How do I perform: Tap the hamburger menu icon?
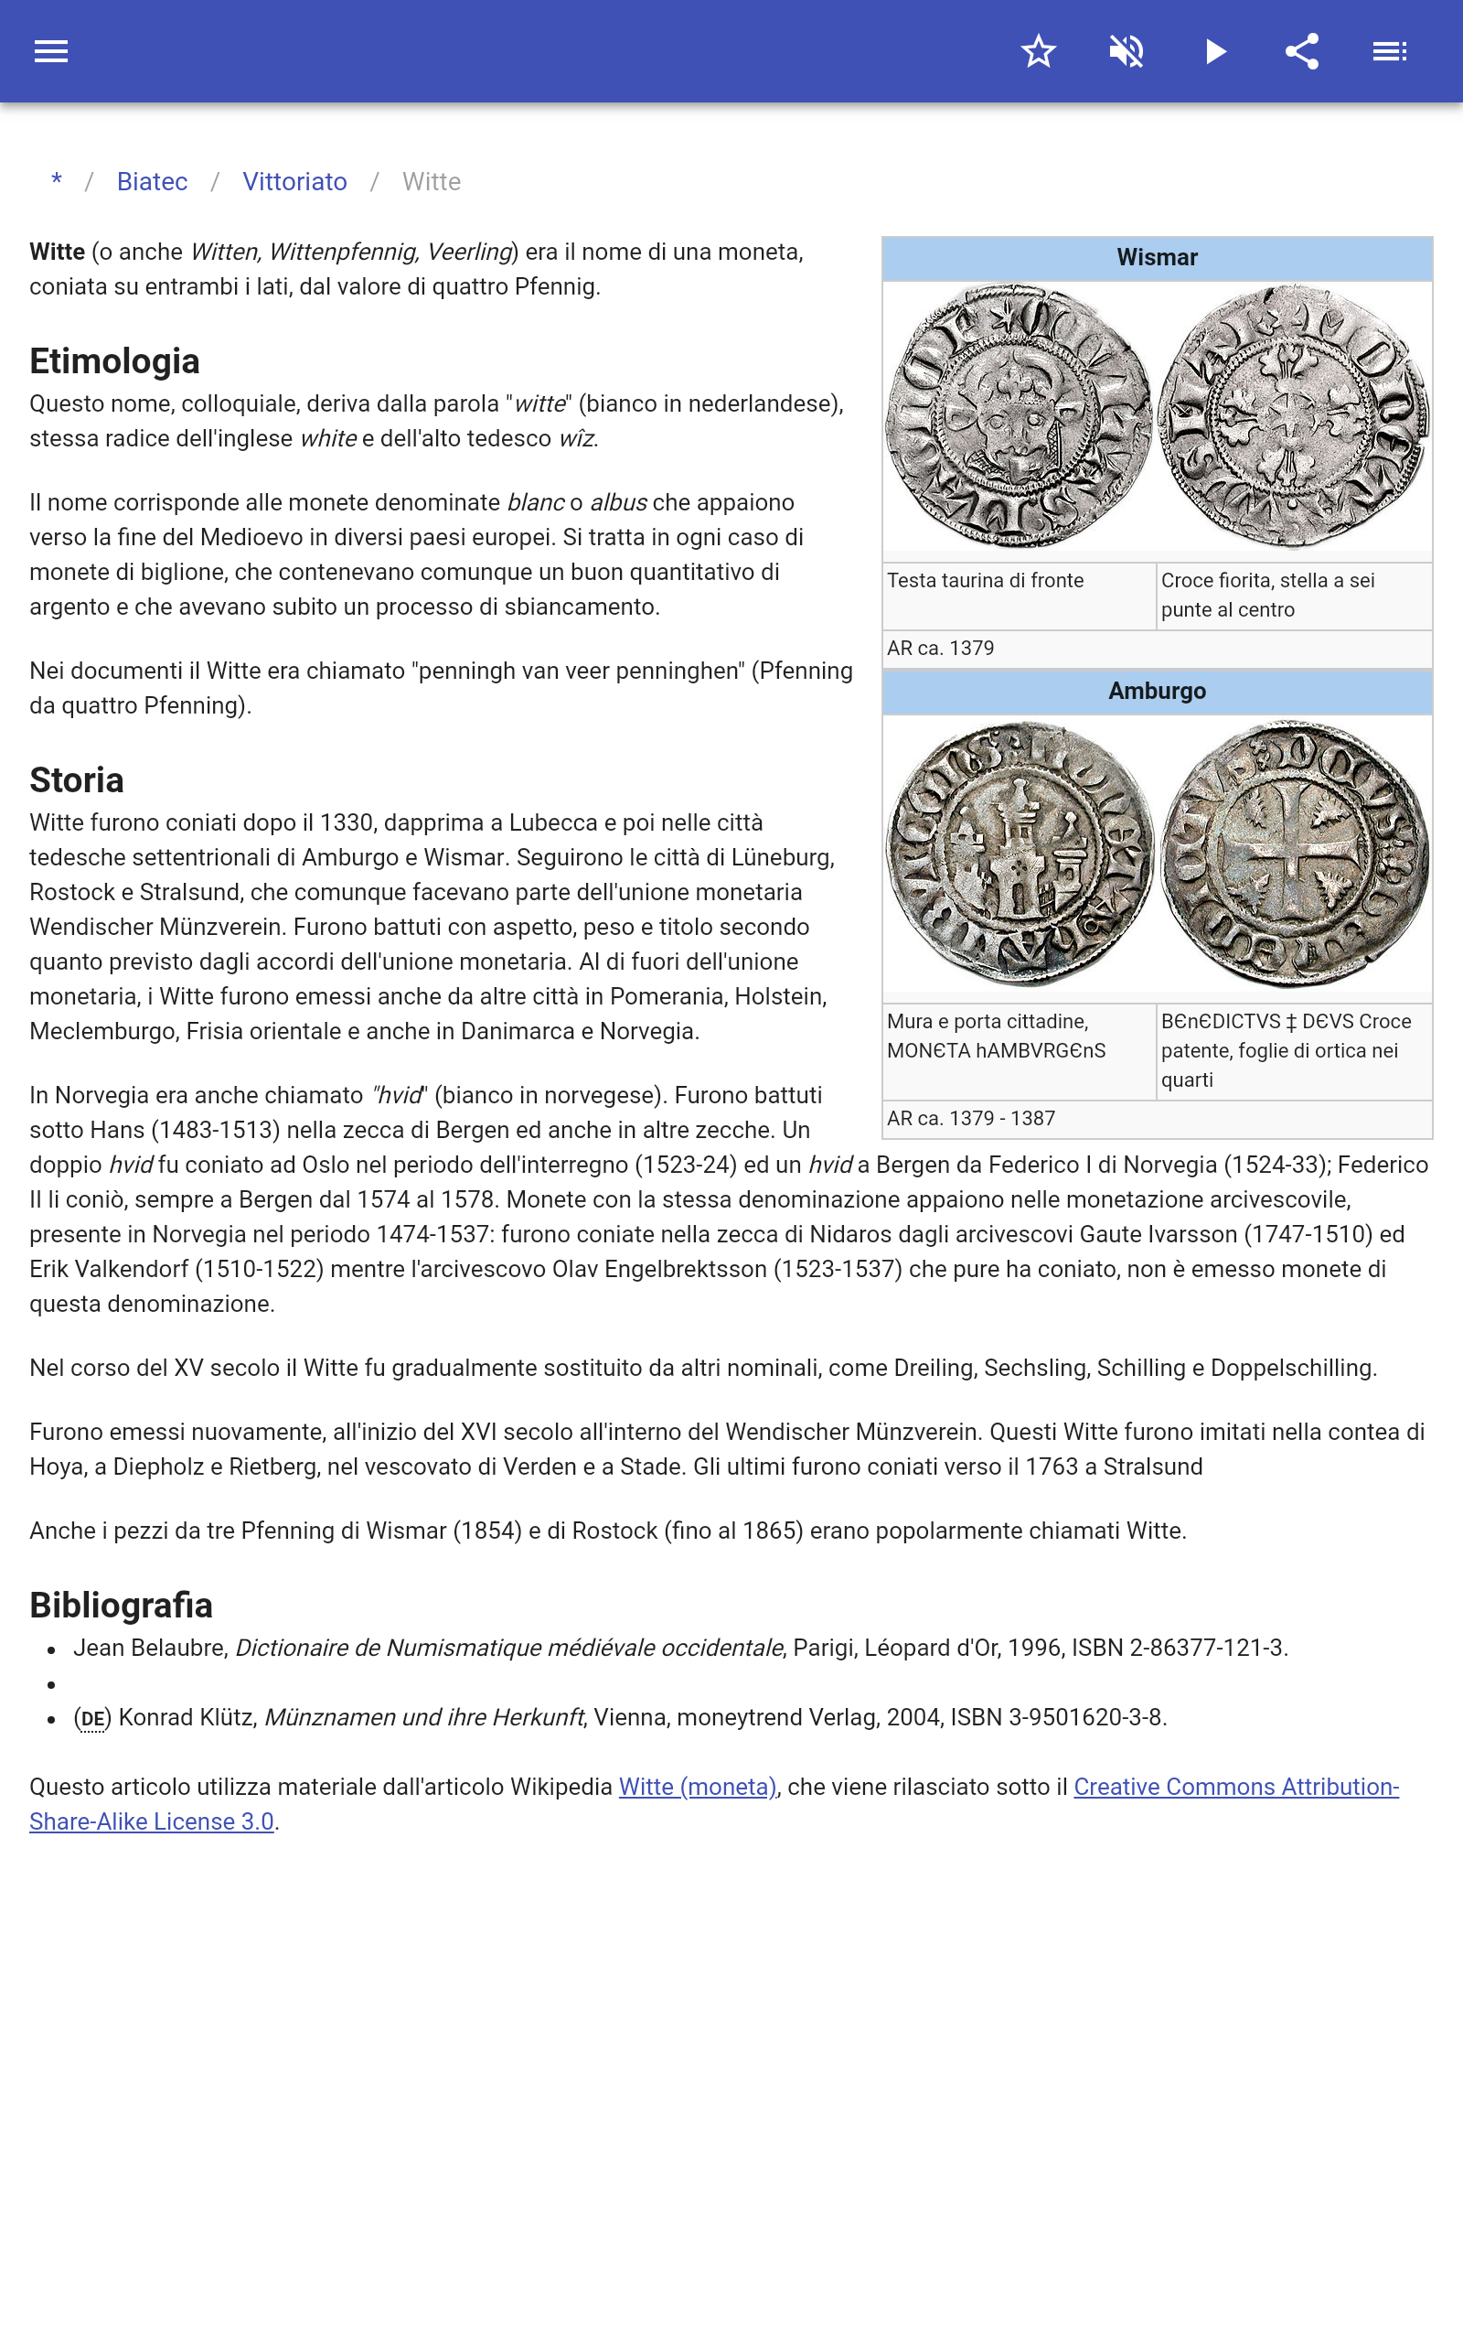coord(51,51)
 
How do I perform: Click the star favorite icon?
coord(1038,51)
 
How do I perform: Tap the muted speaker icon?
coord(1127,51)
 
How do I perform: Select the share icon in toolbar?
coord(1302,51)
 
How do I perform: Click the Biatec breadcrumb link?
coord(152,182)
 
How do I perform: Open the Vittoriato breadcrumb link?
coord(294,182)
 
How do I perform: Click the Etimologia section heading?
coord(114,361)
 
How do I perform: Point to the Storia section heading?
coord(77,780)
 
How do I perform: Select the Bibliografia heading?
coord(121,1605)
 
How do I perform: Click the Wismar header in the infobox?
coord(1157,258)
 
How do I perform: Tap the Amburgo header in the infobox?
coord(1157,691)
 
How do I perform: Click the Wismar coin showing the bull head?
coord(1019,416)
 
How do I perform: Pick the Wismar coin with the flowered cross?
coord(1293,416)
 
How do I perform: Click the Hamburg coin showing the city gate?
coord(1020,854)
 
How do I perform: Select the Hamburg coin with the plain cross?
coord(1294,854)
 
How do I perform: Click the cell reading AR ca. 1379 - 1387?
coord(970,1119)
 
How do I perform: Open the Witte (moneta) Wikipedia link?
coord(697,1787)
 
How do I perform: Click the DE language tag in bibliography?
coord(93,1719)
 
